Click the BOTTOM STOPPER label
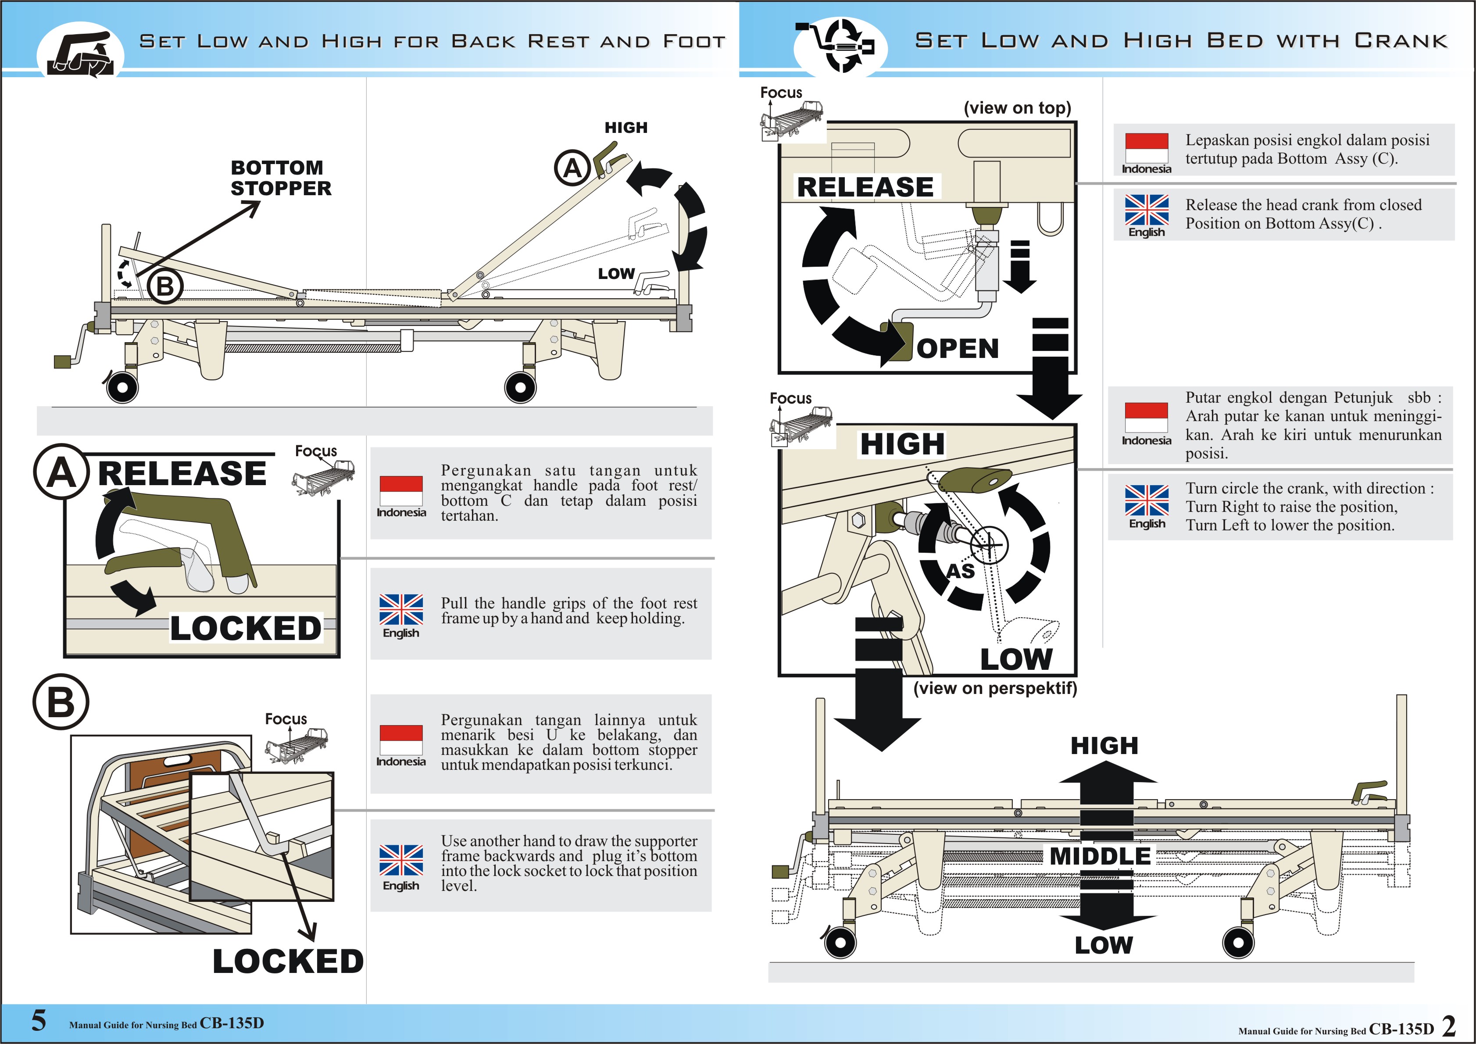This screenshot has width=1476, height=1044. [x=281, y=178]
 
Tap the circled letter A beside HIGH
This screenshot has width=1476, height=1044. [x=572, y=168]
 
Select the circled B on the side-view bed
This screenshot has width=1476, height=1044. [x=165, y=286]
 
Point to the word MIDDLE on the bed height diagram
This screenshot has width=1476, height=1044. [x=1100, y=856]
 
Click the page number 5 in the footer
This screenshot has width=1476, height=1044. [x=39, y=1020]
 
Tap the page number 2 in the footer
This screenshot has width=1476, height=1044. [x=1449, y=1026]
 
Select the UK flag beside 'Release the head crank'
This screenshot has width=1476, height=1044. [x=1146, y=210]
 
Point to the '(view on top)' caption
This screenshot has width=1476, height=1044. [x=1017, y=108]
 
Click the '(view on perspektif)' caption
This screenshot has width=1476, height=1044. [x=994, y=689]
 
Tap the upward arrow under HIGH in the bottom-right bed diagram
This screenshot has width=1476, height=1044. [x=1106, y=781]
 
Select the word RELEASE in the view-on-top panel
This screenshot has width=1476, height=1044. [x=865, y=187]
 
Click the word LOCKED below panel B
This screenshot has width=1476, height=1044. [x=288, y=962]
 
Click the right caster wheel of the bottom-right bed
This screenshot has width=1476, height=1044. [x=1238, y=944]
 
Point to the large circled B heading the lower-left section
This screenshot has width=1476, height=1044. [x=61, y=701]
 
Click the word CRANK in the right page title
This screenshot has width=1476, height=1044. [x=1401, y=41]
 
